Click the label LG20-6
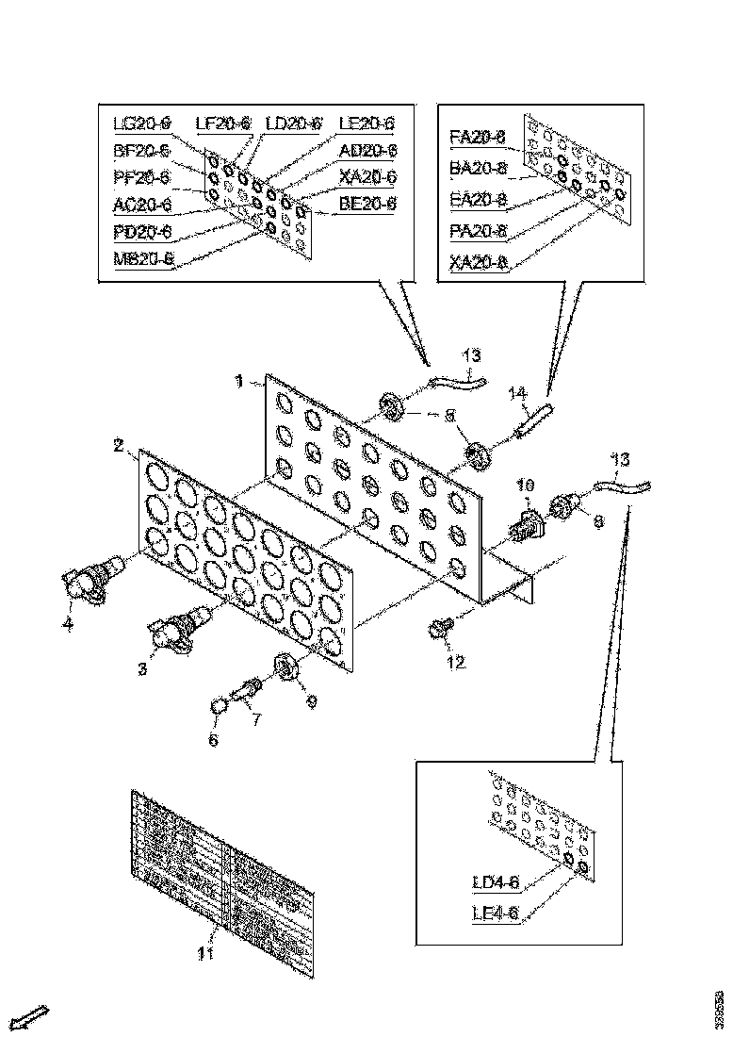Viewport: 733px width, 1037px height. click(141, 123)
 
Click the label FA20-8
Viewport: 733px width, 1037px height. click(478, 138)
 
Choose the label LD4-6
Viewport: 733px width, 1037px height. click(496, 883)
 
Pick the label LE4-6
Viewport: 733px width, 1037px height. click(496, 913)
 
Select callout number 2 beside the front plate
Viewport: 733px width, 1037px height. click(120, 445)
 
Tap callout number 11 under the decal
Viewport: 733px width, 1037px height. click(205, 953)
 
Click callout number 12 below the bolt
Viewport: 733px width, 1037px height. click(456, 662)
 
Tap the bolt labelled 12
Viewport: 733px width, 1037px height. click(441, 627)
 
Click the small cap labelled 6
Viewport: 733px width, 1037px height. click(219, 706)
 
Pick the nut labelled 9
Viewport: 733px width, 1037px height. click(286, 667)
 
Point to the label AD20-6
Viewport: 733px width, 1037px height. click(367, 150)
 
